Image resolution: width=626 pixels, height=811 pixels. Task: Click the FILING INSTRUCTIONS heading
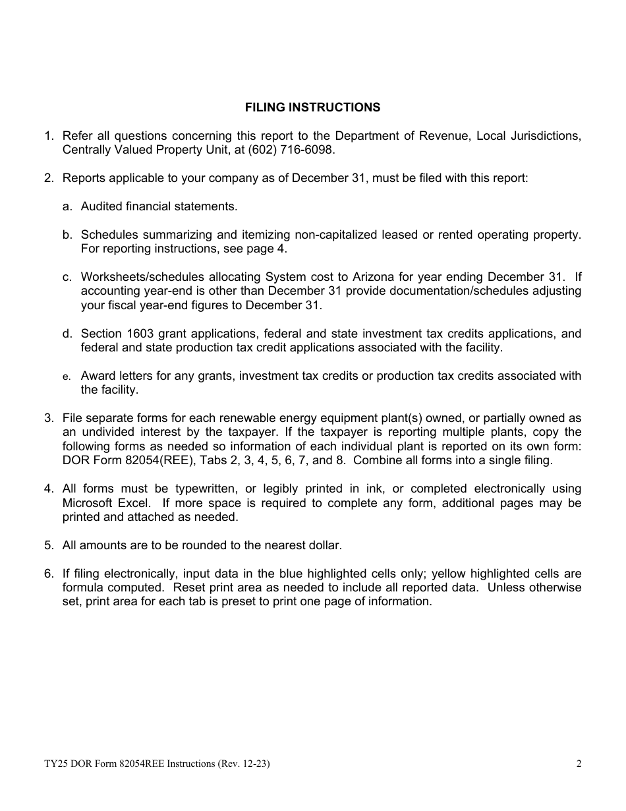point(312,107)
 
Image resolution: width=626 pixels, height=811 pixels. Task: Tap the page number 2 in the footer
point(579,764)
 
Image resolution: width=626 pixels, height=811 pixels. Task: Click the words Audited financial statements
point(159,206)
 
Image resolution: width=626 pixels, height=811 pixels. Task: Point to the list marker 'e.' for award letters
point(67,376)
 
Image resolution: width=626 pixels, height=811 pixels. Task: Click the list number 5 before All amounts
point(49,545)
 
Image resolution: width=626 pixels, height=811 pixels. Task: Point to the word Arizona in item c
point(387,277)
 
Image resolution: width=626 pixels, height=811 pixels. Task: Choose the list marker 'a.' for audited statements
point(67,206)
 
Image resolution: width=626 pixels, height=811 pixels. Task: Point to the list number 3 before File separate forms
point(49,418)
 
